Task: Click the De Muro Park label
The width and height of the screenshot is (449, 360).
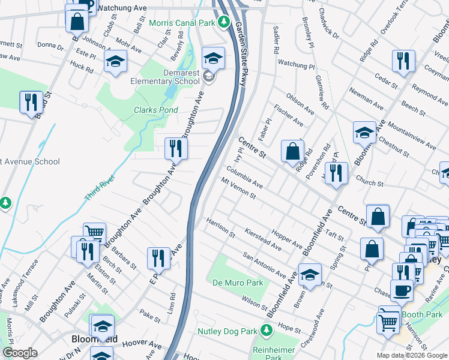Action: coord(237,282)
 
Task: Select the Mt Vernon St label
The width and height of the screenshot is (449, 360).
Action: coord(238,188)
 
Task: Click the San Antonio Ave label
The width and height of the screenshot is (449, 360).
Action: coord(264,265)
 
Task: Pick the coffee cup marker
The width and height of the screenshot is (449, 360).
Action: coord(402,290)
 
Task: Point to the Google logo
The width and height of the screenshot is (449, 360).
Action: coord(20,353)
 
